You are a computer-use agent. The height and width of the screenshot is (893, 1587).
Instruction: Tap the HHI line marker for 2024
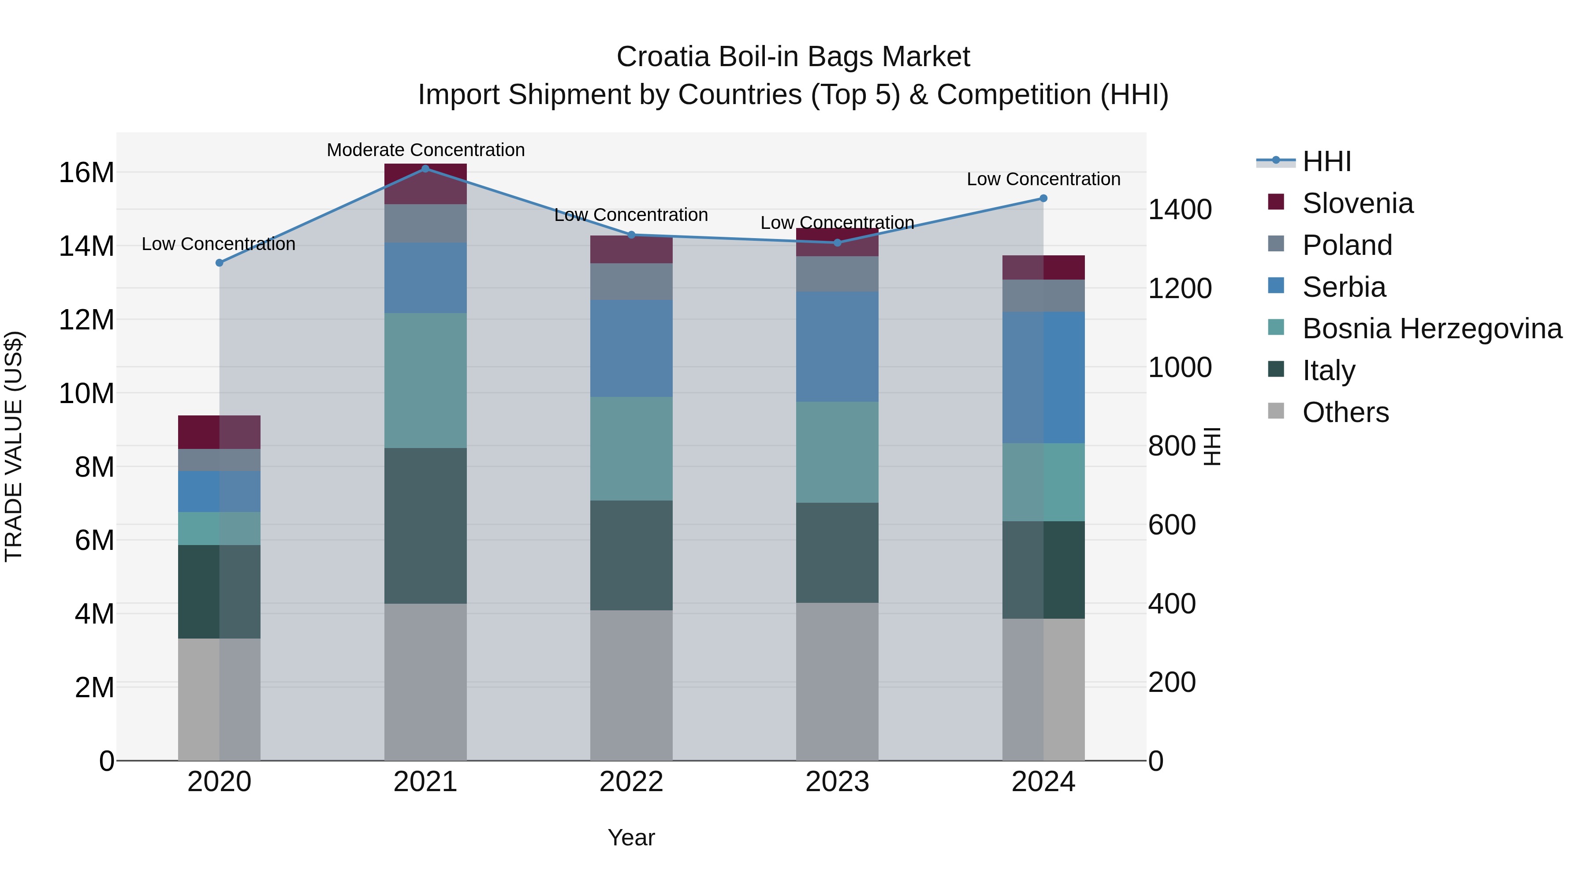pos(1043,198)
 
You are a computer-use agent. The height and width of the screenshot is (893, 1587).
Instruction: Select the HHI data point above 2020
pos(220,262)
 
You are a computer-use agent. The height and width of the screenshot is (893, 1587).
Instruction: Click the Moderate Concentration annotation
pos(426,150)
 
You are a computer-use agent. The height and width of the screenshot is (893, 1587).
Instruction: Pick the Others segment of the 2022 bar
pos(631,685)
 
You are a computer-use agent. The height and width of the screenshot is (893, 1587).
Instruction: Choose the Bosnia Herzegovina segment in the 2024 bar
pos(1043,482)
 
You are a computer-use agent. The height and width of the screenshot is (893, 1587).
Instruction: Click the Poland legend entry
pos(1347,245)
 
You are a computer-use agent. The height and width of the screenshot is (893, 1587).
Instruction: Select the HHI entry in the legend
pos(1326,161)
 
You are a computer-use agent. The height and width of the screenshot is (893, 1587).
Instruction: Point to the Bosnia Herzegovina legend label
pos(1432,329)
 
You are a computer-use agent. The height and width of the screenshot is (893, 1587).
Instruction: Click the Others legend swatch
pos(1276,411)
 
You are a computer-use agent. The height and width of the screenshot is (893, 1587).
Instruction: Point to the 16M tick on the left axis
pos(86,172)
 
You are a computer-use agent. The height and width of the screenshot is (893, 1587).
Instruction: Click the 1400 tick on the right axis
pos(1180,209)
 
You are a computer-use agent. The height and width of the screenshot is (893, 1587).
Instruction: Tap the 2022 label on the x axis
pos(631,782)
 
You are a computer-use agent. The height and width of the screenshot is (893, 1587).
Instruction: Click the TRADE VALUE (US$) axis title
pos(14,446)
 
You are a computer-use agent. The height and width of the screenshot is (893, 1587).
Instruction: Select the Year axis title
pos(631,837)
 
